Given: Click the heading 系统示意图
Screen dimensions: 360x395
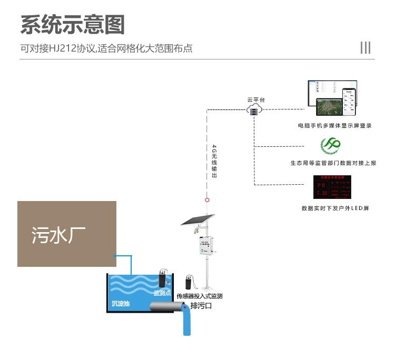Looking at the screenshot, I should point(73,25).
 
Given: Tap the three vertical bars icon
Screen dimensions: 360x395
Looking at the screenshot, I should point(366,47).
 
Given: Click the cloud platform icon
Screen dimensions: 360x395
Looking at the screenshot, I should point(254,109).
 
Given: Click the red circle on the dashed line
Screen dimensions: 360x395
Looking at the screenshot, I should point(208,199).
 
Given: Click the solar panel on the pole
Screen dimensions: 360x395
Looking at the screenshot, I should point(198,219).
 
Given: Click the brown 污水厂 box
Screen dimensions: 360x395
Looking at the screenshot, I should point(66,234).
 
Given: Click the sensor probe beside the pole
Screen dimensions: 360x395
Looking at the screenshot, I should point(188,282).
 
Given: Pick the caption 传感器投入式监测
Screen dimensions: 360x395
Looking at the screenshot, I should point(200,296).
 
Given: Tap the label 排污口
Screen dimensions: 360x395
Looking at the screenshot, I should point(201,306).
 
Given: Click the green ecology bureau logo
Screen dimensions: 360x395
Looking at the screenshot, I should point(331,145).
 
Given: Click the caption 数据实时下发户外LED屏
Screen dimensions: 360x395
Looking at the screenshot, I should point(335,208).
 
